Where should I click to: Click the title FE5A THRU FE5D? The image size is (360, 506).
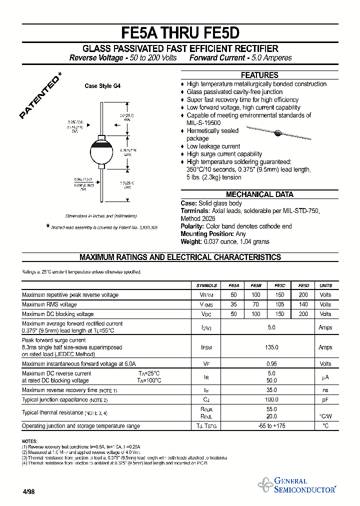180,32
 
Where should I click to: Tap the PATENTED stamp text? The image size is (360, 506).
41,96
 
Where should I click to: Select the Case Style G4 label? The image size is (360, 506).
102,86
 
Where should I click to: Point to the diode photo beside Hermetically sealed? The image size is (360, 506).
276,133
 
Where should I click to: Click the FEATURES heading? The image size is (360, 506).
259,75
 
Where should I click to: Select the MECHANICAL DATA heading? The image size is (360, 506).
259,194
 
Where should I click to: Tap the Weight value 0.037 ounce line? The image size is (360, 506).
225,241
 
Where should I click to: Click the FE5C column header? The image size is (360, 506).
279,285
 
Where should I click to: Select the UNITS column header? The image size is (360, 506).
325,285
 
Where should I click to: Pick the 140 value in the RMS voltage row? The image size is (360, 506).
303,304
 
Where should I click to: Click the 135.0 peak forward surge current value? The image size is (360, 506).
271,347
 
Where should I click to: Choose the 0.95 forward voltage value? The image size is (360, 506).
271,364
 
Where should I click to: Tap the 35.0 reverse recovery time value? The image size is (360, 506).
271,390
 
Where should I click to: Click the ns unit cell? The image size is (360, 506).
325,390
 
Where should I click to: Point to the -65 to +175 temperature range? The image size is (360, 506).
271,426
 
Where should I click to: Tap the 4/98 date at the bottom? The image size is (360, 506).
28,491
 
